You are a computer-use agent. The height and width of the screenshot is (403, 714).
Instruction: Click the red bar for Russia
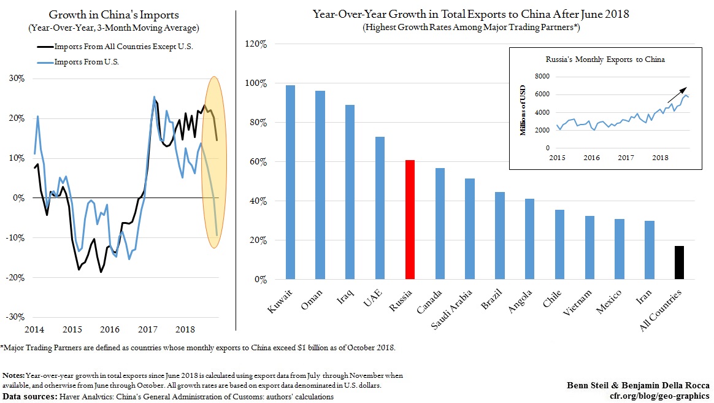pos(410,220)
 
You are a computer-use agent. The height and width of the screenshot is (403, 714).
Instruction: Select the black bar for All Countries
pos(679,263)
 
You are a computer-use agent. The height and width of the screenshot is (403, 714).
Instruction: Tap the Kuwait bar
pos(290,182)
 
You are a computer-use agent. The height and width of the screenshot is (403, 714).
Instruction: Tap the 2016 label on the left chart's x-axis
pos(110,330)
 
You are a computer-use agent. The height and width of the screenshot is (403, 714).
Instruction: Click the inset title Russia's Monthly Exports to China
pos(605,59)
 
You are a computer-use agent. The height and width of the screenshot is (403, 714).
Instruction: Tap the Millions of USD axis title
pos(523,112)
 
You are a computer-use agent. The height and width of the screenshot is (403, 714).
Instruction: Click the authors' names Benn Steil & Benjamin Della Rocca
pos(638,385)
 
